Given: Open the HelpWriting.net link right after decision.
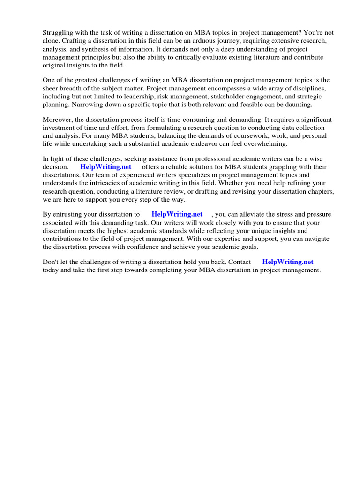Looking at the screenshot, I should [x=105, y=167].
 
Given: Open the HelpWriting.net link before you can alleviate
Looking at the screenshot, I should [x=177, y=214].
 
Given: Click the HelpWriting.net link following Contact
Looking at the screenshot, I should [x=287, y=262].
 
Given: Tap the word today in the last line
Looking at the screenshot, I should [x=52, y=270].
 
